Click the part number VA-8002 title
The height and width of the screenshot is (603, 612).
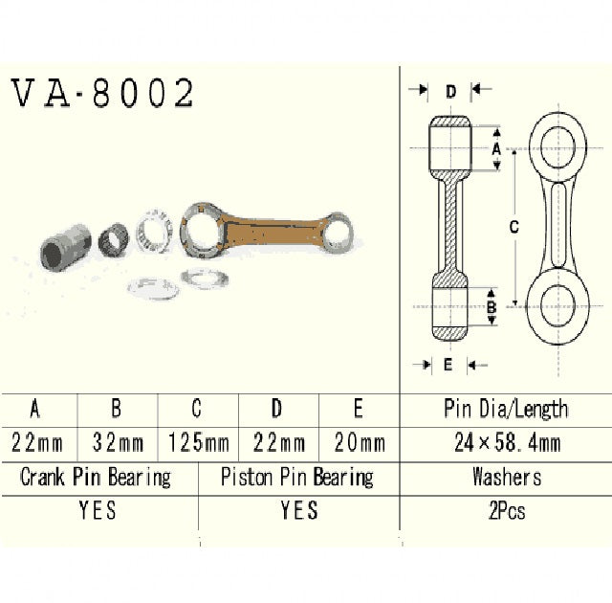(x=103, y=93)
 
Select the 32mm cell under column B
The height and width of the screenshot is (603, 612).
(x=116, y=443)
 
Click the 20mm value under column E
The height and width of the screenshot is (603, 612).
(x=358, y=443)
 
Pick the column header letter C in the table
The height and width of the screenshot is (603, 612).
(x=196, y=410)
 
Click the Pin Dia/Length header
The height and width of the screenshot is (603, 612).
(x=506, y=410)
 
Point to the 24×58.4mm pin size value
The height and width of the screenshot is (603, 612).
(x=506, y=443)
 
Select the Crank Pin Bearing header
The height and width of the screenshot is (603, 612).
(x=97, y=477)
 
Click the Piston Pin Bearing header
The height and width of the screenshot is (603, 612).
(x=296, y=477)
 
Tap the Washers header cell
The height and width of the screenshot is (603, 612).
(x=506, y=477)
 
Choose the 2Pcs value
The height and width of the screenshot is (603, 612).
(x=506, y=511)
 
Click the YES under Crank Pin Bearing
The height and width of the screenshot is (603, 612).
(x=97, y=511)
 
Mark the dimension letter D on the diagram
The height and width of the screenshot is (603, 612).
(x=449, y=91)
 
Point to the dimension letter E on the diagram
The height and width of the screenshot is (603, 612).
(x=448, y=364)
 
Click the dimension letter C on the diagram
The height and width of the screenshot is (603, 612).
(x=514, y=228)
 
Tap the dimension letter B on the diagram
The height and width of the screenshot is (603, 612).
(x=491, y=307)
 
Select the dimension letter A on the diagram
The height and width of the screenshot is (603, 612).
(x=495, y=149)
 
